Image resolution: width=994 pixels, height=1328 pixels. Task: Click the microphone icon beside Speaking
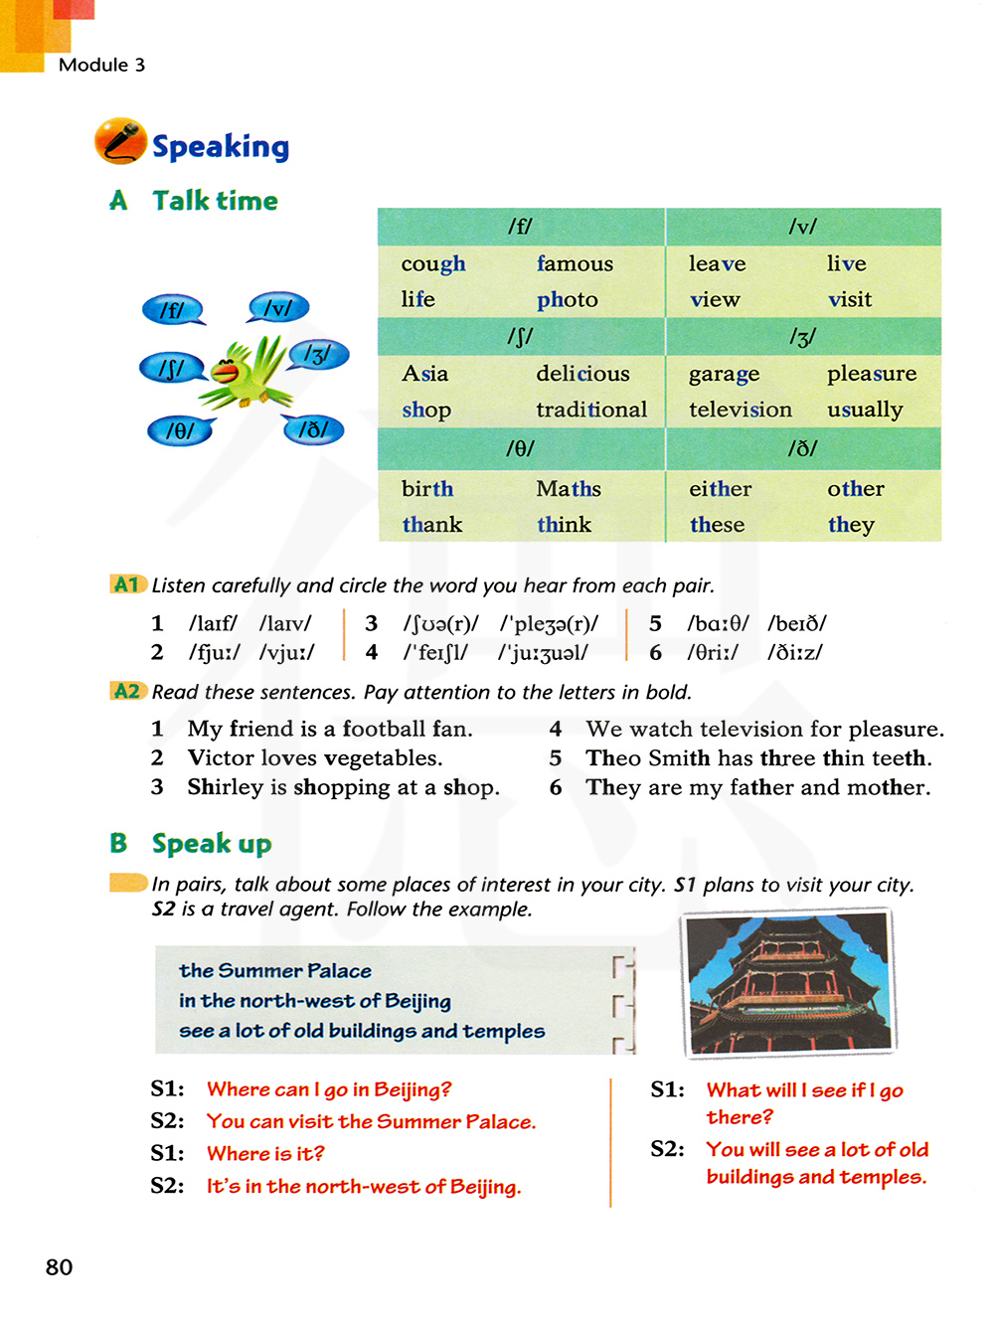[120, 140]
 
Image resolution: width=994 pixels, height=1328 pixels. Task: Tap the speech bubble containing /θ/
[180, 430]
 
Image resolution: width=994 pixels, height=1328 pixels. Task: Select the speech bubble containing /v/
[278, 308]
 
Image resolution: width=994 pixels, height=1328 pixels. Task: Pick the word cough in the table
[433, 264]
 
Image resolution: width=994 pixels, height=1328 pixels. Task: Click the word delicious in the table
[582, 374]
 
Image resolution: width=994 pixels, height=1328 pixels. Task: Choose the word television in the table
[741, 410]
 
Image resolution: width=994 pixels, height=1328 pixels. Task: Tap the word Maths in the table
[569, 489]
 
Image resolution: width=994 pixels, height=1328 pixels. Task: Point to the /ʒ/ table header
[802, 338]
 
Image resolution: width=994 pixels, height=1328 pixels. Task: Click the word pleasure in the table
[872, 374]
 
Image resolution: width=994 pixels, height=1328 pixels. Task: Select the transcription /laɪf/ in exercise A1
[213, 623]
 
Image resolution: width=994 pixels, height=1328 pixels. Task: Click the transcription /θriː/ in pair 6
[713, 653]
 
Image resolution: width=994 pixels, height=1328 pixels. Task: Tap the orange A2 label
[127, 691]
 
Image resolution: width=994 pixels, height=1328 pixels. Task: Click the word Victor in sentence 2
[221, 758]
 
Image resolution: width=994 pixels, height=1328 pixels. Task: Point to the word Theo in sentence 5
[613, 758]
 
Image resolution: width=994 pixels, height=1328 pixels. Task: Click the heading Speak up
[212, 844]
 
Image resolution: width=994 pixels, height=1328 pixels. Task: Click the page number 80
[60, 1267]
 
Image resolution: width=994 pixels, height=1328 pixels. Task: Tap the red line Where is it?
[265, 1154]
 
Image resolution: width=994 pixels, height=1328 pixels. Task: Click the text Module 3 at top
[101, 65]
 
